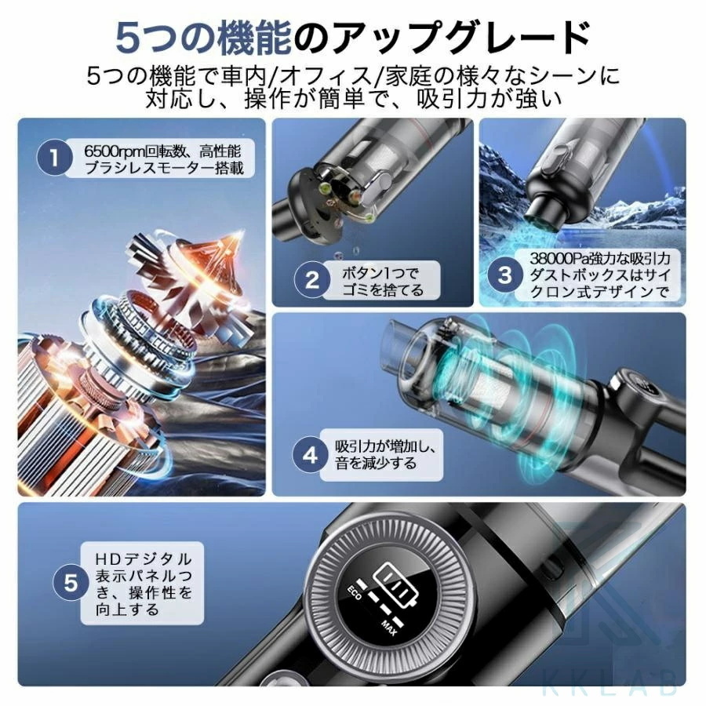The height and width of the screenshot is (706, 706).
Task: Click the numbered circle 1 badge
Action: click(x=53, y=156)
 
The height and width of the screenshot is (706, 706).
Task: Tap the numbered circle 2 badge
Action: click(x=311, y=280)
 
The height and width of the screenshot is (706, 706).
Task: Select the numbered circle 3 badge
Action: click(x=505, y=275)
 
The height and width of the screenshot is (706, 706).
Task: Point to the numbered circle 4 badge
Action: click(x=311, y=454)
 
